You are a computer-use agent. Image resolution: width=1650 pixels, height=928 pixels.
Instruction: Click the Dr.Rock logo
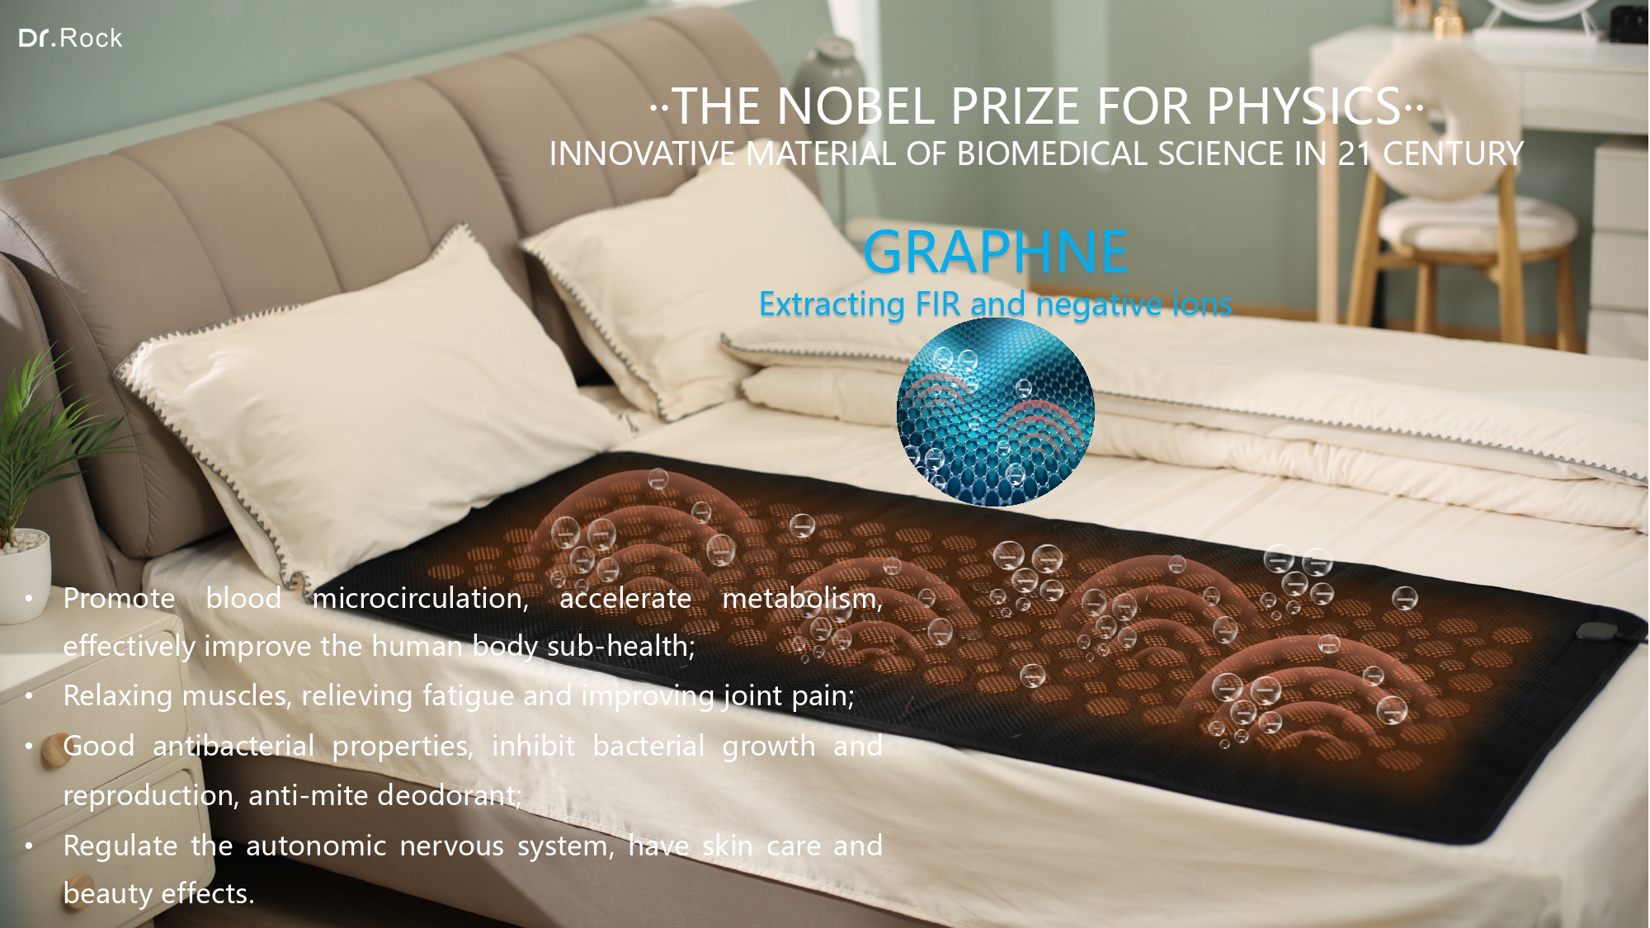70,38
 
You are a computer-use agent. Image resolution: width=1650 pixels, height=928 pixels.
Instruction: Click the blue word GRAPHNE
996,252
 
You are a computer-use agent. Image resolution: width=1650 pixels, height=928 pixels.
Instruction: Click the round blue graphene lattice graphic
996,412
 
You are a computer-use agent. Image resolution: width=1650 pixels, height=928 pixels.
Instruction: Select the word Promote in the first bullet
119,598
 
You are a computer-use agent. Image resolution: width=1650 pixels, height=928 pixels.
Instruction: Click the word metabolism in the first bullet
802,598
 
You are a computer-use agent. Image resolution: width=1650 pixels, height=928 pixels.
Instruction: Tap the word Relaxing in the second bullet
117,696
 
